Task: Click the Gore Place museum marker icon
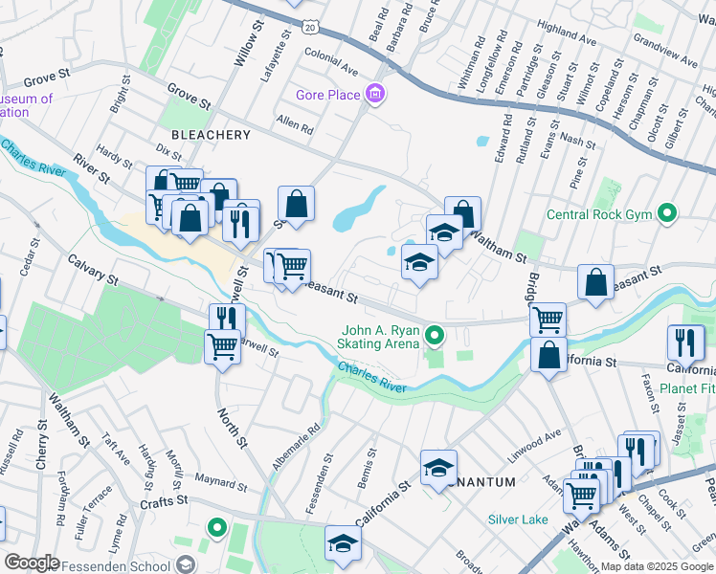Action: (375, 94)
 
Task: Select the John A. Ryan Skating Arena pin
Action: (435, 335)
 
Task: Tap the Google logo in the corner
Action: (31, 563)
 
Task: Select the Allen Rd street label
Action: (294, 122)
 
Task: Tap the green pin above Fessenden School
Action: (217, 527)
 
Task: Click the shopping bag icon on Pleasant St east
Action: (595, 282)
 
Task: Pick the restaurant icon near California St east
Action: (685, 342)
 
